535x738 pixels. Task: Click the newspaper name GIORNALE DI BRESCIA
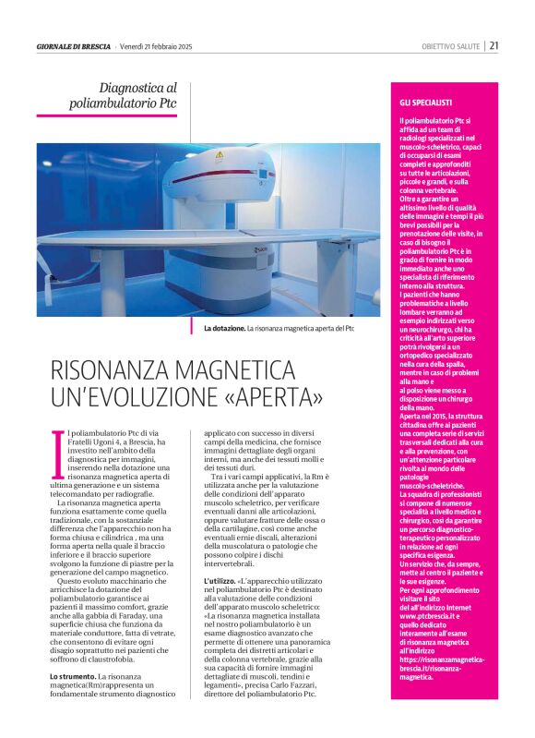tap(73, 46)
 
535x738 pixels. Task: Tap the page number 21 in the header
tap(494, 46)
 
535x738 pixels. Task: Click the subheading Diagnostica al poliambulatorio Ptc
tap(130, 95)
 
